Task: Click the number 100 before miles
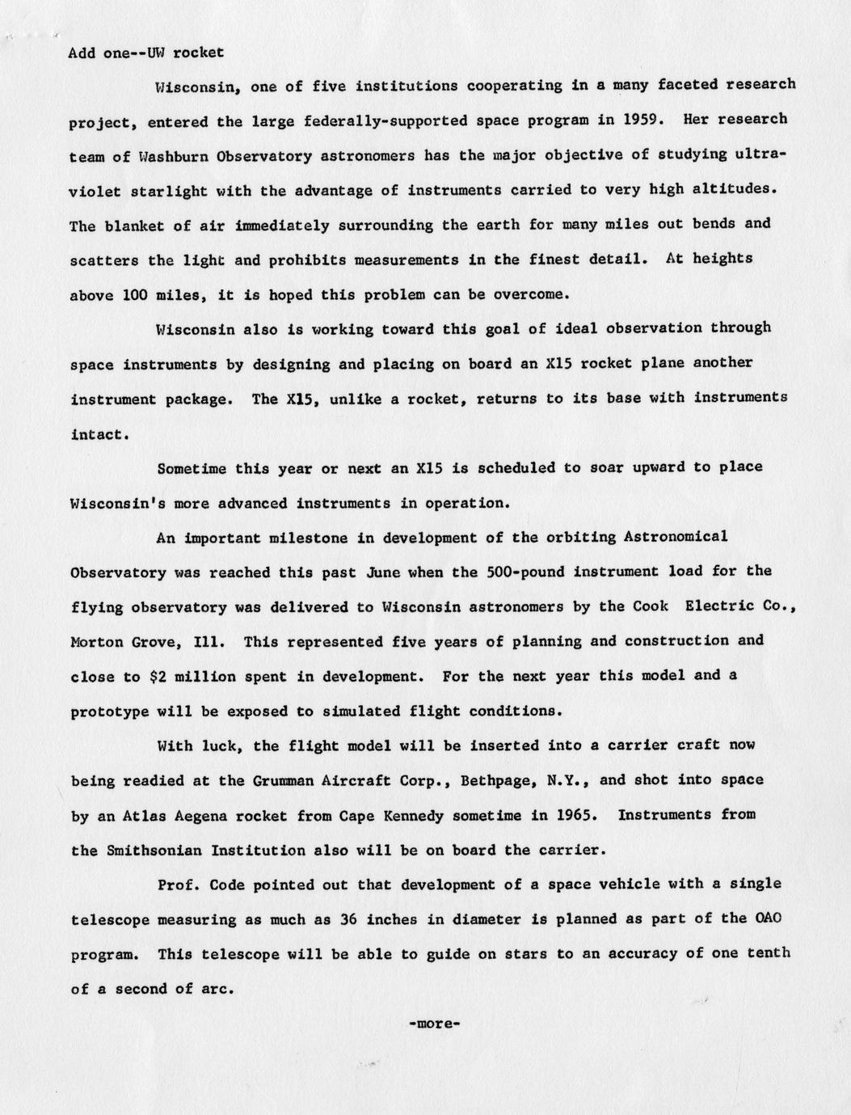[x=134, y=295]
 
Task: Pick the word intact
[x=98, y=434]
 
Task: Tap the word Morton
[x=97, y=642]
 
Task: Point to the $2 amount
[x=159, y=677]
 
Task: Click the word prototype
[x=110, y=712]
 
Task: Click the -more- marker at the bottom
[x=435, y=1024]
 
